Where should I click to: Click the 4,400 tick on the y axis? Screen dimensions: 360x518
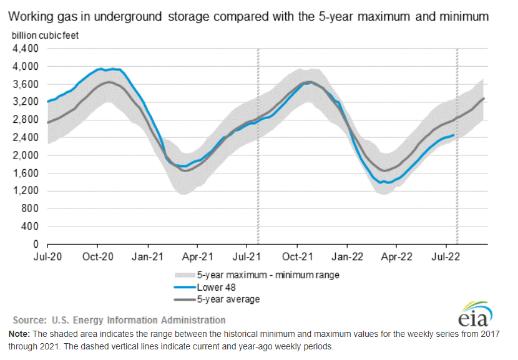pyautogui.click(x=26, y=48)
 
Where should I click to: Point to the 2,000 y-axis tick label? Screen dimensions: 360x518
pyautogui.click(x=26, y=155)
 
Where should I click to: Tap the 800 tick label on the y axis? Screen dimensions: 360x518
pyautogui.click(x=30, y=208)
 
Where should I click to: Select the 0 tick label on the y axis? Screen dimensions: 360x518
pyautogui.click(x=35, y=244)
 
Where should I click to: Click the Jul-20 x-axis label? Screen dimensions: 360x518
pyautogui.click(x=47, y=256)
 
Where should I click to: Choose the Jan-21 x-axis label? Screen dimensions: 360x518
pyautogui.click(x=148, y=256)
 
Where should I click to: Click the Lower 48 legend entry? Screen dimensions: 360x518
pyautogui.click(x=215, y=287)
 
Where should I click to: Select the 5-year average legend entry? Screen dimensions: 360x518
pyautogui.click(x=227, y=299)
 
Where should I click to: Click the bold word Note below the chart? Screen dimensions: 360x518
pyautogui.click(x=19, y=334)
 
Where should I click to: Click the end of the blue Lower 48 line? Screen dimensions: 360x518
pyautogui.click(x=454, y=135)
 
